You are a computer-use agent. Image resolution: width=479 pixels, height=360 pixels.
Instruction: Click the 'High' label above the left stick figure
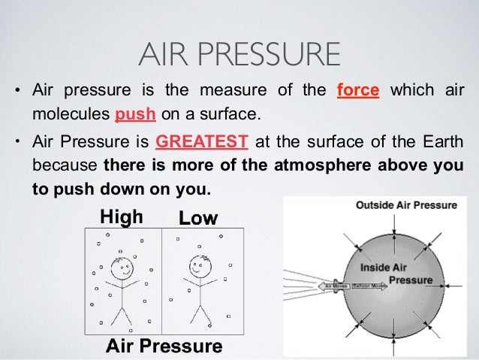pyautogui.click(x=122, y=218)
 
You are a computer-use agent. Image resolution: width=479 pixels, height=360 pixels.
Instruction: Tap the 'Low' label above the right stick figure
pyautogui.click(x=197, y=219)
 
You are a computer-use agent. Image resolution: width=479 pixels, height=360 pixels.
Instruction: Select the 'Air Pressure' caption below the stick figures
pyautogui.click(x=164, y=346)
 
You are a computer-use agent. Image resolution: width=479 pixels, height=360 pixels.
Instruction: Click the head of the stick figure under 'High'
pyautogui.click(x=121, y=266)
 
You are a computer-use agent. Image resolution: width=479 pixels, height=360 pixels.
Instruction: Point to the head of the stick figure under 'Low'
pyautogui.click(x=199, y=265)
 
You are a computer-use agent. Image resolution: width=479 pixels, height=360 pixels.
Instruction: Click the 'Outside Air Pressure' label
pyautogui.click(x=396, y=205)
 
